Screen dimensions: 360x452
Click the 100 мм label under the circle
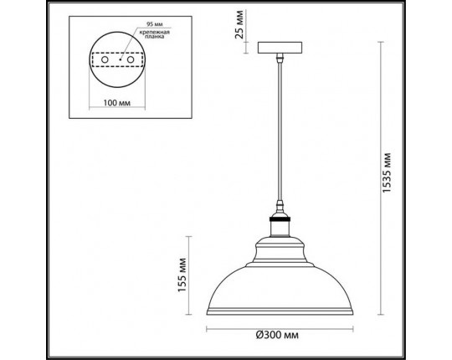coord(114,104)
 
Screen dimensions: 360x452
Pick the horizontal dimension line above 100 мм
coord(115,95)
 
